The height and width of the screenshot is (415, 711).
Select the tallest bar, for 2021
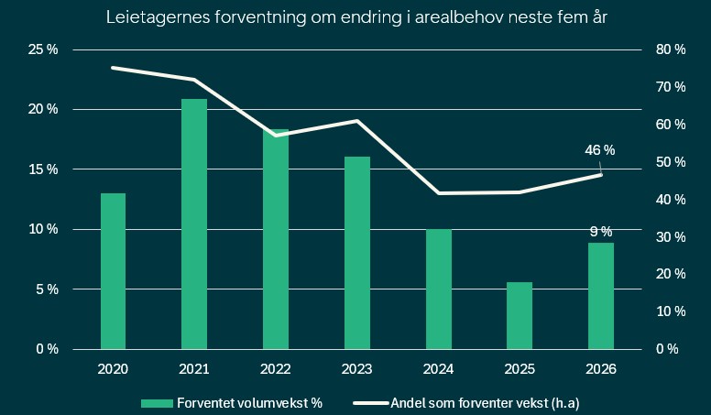193,224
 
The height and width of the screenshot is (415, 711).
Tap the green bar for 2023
356,252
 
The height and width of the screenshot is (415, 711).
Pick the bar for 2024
438,289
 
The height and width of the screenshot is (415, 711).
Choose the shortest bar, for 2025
519,315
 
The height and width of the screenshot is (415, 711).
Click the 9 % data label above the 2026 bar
600,232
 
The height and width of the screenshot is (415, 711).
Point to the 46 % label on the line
600,150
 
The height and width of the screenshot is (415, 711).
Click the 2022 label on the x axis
275,368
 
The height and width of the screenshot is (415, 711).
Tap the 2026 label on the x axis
600,368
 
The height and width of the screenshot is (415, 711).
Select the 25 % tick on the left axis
41,49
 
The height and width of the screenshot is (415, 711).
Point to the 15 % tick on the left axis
41,169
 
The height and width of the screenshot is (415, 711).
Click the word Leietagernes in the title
152,17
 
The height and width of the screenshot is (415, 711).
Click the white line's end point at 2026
601,174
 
